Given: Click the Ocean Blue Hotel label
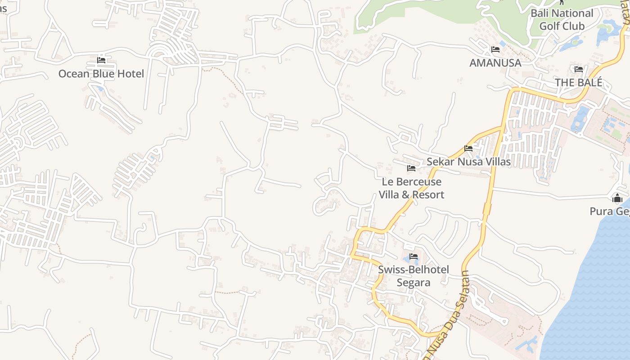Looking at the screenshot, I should pos(101,74).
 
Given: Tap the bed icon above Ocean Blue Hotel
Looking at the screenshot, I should pos(101,60).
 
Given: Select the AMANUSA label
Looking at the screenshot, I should pos(495,63).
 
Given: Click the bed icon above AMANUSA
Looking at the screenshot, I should pos(495,49).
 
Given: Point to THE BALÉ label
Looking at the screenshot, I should pos(578,83).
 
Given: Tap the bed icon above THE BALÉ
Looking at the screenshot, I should pos(579,69).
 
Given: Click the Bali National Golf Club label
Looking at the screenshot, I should pos(562,20).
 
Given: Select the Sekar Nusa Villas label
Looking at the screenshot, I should pos(468,162).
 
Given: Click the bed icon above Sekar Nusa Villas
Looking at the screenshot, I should pos(468,148).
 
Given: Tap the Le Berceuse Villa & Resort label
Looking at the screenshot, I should pos(411,189).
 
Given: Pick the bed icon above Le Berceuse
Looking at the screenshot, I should pos(411,168).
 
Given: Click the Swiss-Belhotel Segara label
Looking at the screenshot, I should pos(414,276).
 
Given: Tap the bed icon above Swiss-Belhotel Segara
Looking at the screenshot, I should pos(414,257).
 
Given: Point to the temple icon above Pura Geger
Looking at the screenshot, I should pos(617,198).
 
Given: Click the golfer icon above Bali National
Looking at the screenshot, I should pos(562,2).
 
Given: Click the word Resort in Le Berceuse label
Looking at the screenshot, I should pos(428,195).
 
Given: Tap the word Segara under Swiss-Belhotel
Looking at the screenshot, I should pos(414,283).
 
